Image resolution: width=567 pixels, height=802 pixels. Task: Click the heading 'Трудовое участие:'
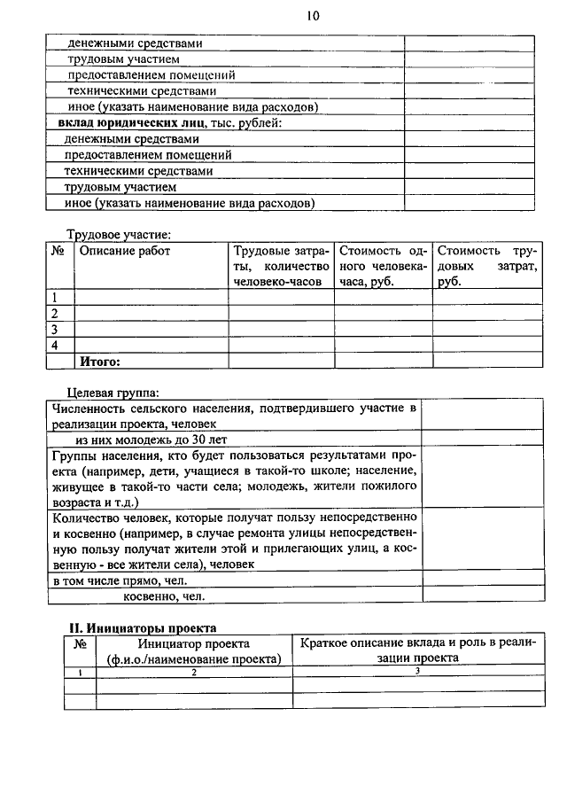tap(120, 234)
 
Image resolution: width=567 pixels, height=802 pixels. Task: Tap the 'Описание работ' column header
tap(125, 252)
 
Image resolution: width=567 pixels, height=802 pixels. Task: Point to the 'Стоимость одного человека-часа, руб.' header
tap(383, 266)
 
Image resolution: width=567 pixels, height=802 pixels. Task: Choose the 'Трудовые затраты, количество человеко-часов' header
tap(281, 266)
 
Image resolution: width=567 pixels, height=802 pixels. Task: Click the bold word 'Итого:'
tap(100, 361)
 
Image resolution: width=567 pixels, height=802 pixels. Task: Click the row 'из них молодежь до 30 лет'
tap(151, 439)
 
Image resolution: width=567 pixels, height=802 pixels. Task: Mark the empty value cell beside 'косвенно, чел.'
tap(483, 596)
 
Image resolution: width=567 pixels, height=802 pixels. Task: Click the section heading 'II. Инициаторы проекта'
tap(143, 627)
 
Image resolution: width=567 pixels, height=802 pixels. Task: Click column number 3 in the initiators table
tap(416, 672)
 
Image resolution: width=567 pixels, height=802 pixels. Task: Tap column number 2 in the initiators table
tap(193, 673)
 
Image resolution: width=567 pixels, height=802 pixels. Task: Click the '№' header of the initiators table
tap(80, 644)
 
